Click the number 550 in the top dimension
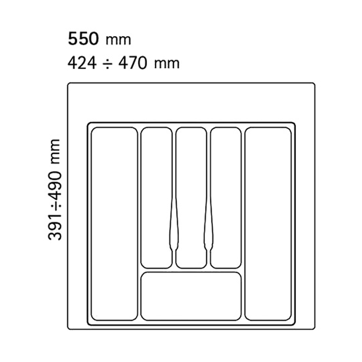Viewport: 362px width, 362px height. coord(83,38)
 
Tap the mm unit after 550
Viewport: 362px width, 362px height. coord(118,40)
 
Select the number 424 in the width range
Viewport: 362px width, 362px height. coord(82,63)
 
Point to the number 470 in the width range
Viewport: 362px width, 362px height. coord(133,63)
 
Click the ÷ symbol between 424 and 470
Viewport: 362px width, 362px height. coord(107,63)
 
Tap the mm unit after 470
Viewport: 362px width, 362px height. coord(167,64)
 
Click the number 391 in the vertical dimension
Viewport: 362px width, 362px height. coord(55,226)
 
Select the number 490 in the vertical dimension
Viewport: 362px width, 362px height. coord(55,184)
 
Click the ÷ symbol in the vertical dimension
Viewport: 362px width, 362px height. coord(55,205)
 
